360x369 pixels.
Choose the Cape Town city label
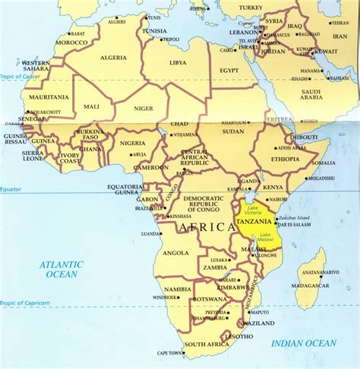pyautogui.click(x=169, y=353)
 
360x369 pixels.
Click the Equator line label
pyautogui.click(x=11, y=189)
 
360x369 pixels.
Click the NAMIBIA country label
pyautogui.click(x=177, y=289)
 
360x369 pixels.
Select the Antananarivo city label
pyautogui.click(x=314, y=272)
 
